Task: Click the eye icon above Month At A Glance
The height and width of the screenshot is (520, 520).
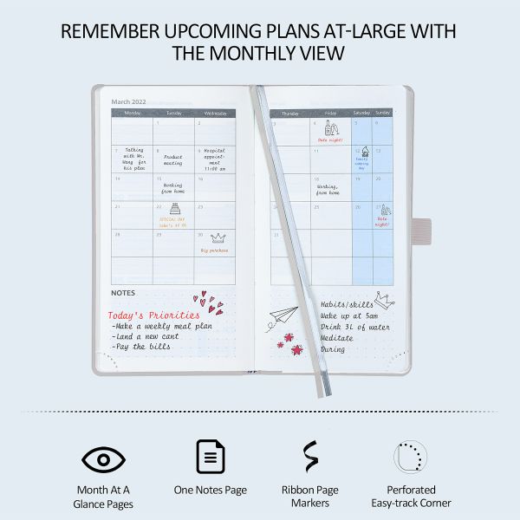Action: pyautogui.click(x=103, y=458)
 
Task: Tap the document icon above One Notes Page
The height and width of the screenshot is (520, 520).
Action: pyautogui.click(x=210, y=456)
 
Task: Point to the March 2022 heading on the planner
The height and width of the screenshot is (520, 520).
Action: pyautogui.click(x=128, y=101)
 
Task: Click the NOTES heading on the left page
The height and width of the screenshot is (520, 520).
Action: pyautogui.click(x=124, y=293)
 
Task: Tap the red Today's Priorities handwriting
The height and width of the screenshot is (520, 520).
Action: pyautogui.click(x=153, y=315)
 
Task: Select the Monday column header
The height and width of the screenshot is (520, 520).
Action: pyautogui.click(x=133, y=113)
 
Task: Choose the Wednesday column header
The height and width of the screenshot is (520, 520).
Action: pyautogui.click(x=216, y=113)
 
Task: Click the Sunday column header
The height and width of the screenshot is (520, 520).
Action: pyautogui.click(x=382, y=113)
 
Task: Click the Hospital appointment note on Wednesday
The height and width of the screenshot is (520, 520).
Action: pyautogui.click(x=214, y=159)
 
